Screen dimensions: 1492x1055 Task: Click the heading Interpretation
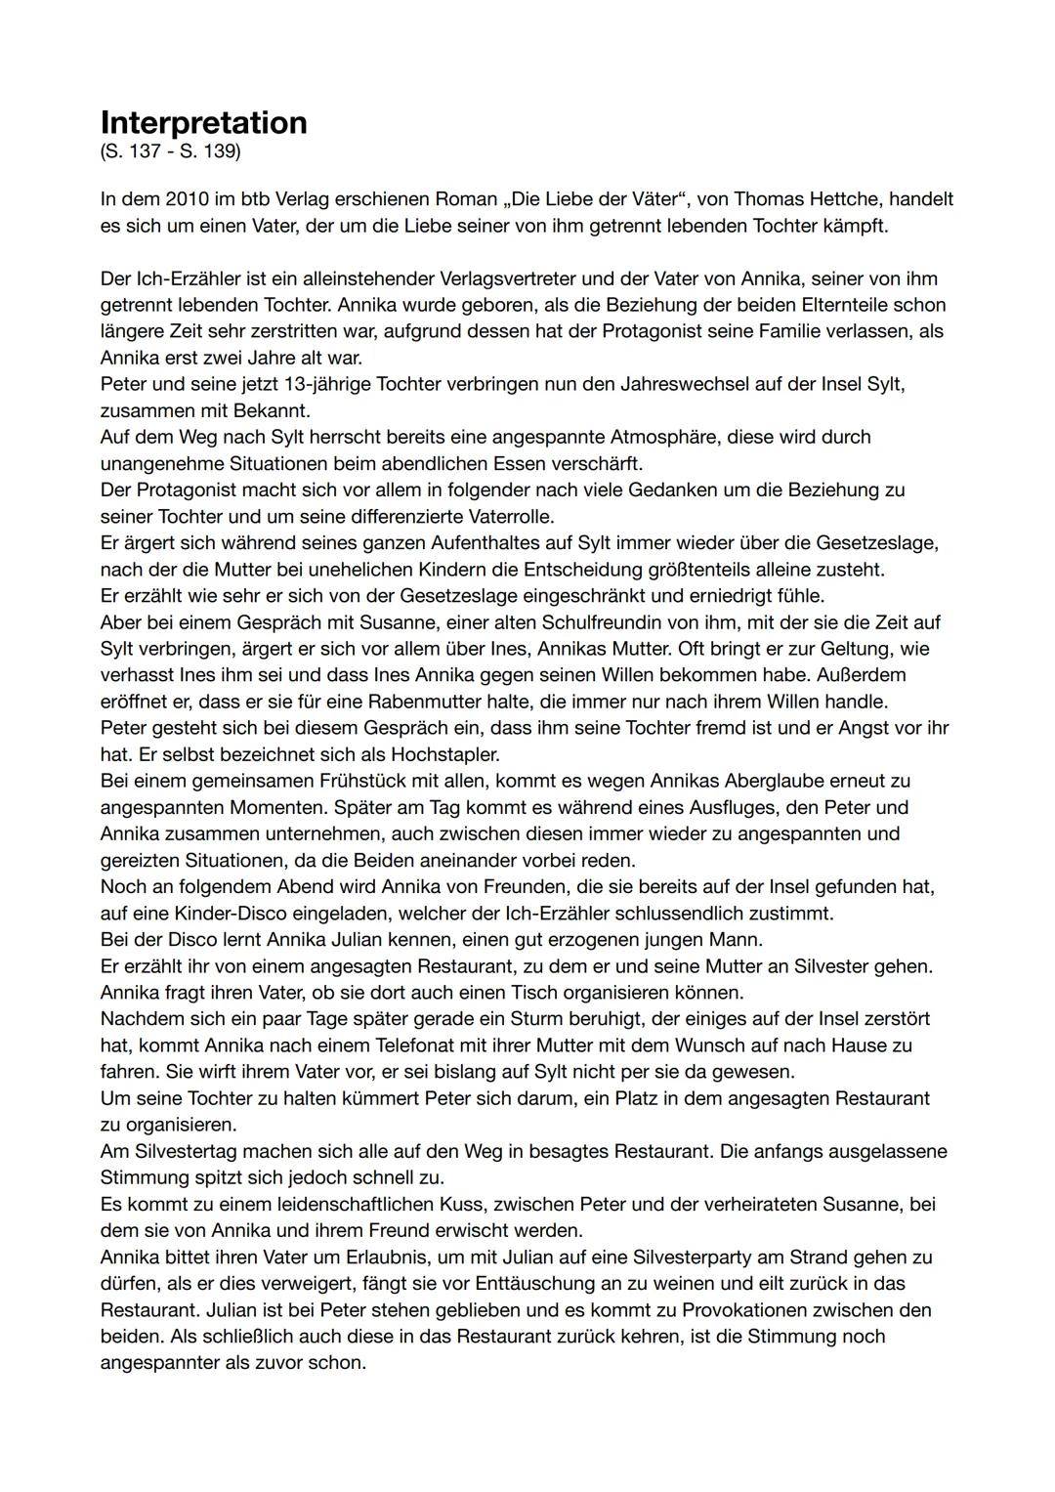tap(203, 123)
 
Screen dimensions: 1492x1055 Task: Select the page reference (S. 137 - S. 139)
tap(170, 154)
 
